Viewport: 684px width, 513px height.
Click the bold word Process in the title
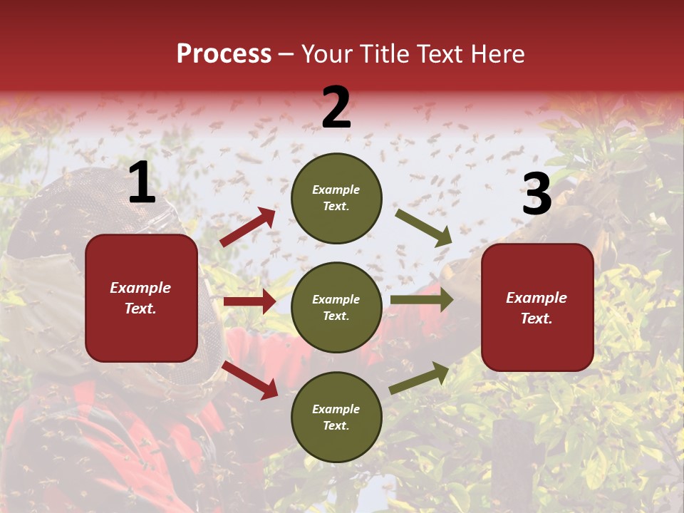tap(224, 54)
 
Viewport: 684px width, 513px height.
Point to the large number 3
tap(537, 194)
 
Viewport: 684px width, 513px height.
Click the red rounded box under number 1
tap(141, 298)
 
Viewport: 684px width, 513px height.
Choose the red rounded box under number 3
tap(537, 307)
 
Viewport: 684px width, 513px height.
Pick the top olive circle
tap(336, 198)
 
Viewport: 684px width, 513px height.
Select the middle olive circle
tap(336, 307)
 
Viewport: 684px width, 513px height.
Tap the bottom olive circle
tap(336, 417)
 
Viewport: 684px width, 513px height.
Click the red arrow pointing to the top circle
tap(248, 227)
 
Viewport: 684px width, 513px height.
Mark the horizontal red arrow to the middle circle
tap(249, 301)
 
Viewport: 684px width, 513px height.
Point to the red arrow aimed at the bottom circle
tap(250, 379)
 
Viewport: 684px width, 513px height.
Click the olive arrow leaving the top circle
tap(423, 227)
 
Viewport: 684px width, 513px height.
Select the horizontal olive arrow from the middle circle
tap(421, 299)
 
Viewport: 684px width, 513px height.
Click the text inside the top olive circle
tap(336, 198)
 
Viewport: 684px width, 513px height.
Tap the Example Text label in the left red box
tap(141, 298)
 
